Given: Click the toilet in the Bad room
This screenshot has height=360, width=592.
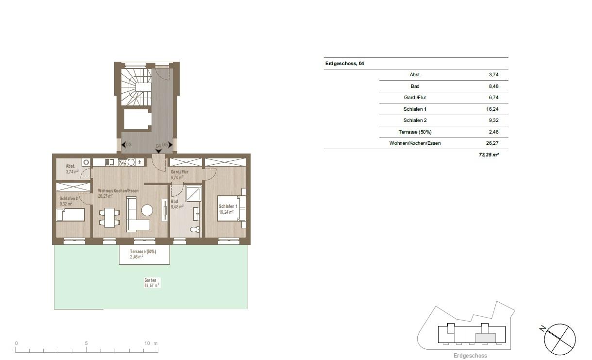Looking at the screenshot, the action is click(195, 229).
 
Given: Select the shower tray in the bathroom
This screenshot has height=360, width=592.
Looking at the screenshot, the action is click(193, 193).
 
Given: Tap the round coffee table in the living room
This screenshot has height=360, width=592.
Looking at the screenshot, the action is click(147, 210).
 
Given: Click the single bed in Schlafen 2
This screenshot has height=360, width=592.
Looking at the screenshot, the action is click(70, 215).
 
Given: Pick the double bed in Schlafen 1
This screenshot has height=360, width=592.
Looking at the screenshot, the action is click(228, 208).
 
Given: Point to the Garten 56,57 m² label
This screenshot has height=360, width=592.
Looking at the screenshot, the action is click(152, 283).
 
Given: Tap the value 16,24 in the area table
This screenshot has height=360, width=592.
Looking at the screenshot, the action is click(492, 109).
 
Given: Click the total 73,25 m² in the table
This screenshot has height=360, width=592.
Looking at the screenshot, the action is click(489, 154).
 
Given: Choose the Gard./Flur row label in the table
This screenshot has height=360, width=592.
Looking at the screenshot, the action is click(415, 98).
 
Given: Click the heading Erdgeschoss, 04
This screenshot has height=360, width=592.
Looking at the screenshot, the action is click(345, 64).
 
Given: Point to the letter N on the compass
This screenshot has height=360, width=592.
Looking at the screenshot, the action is click(542, 329).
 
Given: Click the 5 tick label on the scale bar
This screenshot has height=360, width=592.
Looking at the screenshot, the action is click(86, 343).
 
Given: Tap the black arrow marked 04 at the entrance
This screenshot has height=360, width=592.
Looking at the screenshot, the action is click(158, 151).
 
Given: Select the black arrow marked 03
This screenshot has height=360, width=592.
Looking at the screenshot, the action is click(123, 145).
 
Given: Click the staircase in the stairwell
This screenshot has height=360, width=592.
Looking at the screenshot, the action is click(136, 87).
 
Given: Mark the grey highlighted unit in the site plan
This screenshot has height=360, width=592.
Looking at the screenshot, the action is click(485, 338).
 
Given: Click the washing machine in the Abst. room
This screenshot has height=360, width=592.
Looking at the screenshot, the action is click(86, 162).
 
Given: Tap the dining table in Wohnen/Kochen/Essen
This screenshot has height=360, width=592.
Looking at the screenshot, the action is click(109, 218).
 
